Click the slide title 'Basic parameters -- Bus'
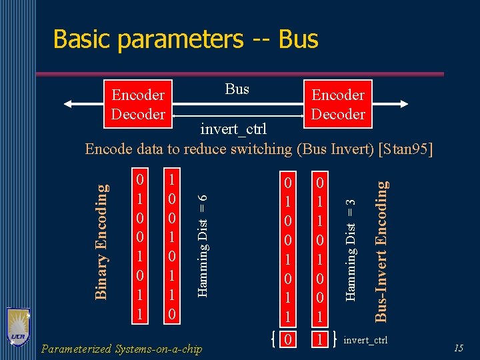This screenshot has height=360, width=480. point(185,39)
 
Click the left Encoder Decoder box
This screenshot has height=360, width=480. point(138,105)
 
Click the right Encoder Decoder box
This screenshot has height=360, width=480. point(338,105)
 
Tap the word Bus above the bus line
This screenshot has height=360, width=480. point(237,89)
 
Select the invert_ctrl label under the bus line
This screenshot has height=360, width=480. point(233,128)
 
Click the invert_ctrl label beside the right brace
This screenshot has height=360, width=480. point(365,341)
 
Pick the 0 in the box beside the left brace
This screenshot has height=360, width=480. point(288,341)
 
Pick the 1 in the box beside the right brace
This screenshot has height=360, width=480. point(321,341)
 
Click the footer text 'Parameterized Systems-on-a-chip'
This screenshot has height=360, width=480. point(121,349)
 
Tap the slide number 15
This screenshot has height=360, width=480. point(459,348)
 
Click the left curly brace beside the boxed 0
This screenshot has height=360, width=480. point(274,341)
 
